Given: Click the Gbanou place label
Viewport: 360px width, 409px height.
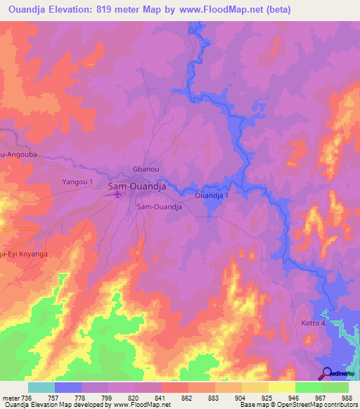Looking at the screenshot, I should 143,169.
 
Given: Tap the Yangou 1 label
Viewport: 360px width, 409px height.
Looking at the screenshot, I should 78,182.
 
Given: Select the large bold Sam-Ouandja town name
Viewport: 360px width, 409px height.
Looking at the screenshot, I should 137,187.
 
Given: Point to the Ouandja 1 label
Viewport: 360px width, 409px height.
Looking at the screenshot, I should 212,196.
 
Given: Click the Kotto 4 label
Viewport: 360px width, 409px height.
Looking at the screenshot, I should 314,322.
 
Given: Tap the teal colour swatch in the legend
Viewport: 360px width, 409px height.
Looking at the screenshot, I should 41,387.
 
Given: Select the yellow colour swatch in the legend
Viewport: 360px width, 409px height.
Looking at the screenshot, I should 282,387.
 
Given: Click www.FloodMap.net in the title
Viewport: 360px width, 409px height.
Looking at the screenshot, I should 217,9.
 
